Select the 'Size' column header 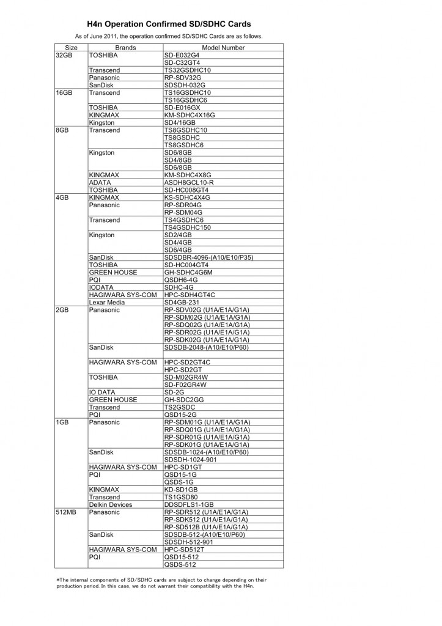click(71, 48)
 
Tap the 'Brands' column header click(125, 48)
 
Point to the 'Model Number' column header click(223, 48)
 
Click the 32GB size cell click(64, 55)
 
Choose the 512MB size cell click(66, 512)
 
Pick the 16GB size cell click(64, 93)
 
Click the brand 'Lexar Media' click(107, 302)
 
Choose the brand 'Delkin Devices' click(110, 504)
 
